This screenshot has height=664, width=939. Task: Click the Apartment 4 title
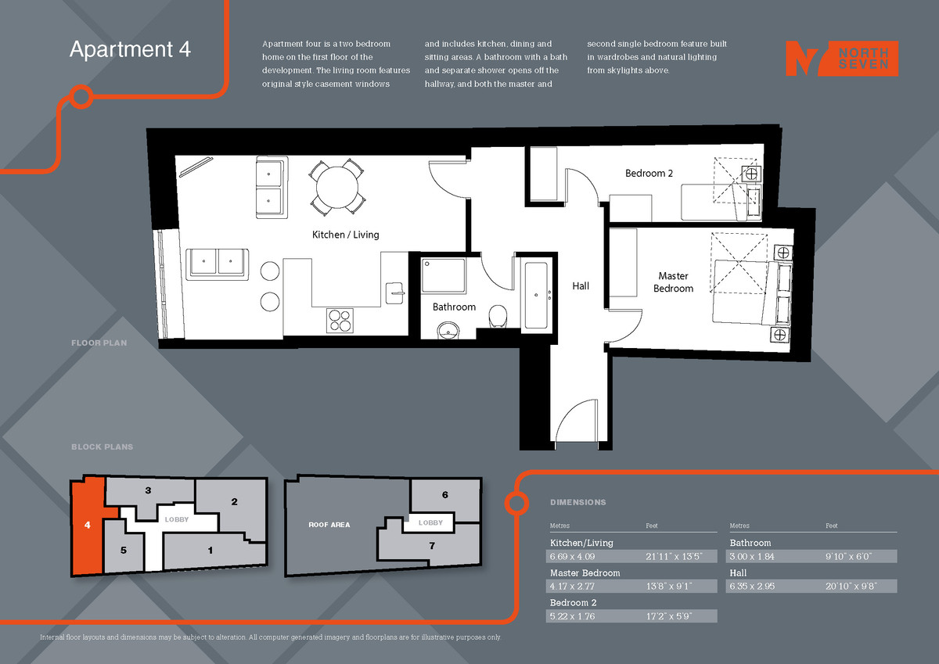(130, 49)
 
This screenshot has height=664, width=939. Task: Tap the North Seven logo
(841, 59)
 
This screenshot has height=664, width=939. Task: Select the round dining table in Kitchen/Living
(338, 187)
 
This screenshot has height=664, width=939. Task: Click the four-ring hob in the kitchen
(340, 320)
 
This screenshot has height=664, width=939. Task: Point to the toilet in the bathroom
(498, 316)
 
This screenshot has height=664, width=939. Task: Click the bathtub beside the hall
(536, 295)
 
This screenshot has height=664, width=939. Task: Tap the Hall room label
(581, 286)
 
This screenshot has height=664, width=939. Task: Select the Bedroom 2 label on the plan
(649, 173)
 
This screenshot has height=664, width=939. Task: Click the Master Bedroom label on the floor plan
(673, 282)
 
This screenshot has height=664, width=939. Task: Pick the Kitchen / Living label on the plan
(345, 235)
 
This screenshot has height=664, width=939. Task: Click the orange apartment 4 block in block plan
(87, 526)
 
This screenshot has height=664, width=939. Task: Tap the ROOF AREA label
(329, 525)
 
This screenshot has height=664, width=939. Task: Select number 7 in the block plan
(431, 546)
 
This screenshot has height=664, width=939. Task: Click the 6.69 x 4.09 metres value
(574, 557)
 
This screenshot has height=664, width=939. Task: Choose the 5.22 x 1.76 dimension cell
(574, 616)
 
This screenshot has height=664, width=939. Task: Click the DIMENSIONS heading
(577, 502)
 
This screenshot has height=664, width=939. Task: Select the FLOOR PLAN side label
(99, 343)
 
